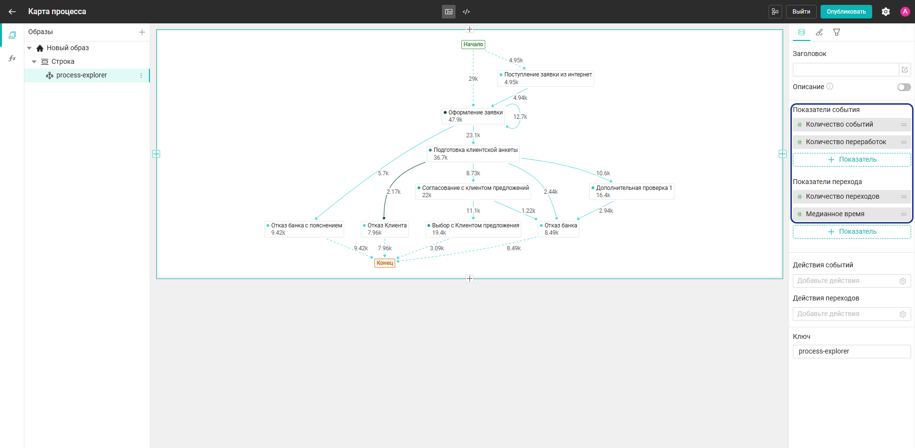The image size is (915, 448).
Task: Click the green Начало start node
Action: tap(473, 44)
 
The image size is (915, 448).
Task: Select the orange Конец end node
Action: tap(384, 263)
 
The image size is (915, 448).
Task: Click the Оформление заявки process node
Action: tap(473, 116)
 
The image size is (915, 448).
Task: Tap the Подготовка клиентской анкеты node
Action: tap(473, 153)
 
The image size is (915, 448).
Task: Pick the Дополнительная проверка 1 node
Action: tap(632, 191)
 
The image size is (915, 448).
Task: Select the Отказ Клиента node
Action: tap(384, 229)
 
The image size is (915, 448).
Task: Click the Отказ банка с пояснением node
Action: tap(304, 229)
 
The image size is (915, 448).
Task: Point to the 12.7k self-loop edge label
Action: tap(520, 117)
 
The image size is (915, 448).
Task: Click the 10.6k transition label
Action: tap(603, 173)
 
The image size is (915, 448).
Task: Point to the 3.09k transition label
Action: tap(437, 248)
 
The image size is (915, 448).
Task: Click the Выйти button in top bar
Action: tap(801, 12)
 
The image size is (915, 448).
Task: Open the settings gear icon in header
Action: tap(886, 12)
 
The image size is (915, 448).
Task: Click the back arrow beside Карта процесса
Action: tap(12, 12)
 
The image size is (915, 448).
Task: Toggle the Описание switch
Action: tap(904, 87)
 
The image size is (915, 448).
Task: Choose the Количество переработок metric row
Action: tap(852, 142)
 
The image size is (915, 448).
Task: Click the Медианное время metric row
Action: tap(852, 214)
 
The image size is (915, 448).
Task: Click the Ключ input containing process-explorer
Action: tap(852, 352)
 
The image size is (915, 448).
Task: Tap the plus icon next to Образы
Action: tap(142, 32)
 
